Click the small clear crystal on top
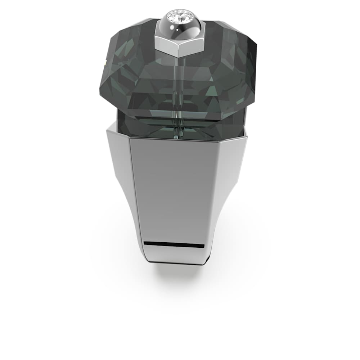(x=179, y=16)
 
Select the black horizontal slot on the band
(x=174, y=244)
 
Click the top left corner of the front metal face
(x=130, y=138)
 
